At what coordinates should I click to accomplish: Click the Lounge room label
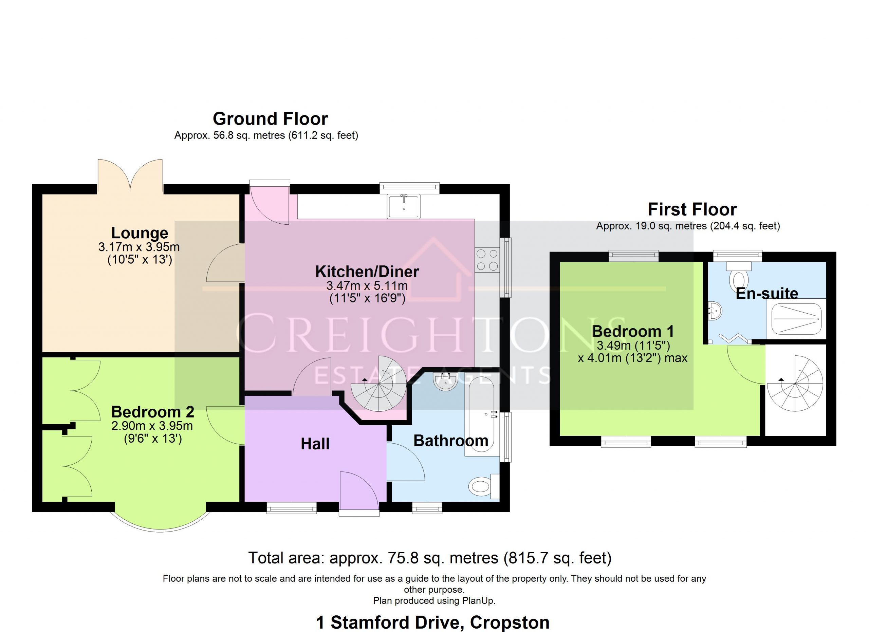[x=140, y=233]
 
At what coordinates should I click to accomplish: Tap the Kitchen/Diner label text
[x=367, y=272]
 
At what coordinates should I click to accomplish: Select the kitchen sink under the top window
[x=404, y=206]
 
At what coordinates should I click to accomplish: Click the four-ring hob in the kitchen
[x=487, y=260]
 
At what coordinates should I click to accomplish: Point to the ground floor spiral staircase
[x=379, y=383]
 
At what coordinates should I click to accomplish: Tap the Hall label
[x=315, y=444]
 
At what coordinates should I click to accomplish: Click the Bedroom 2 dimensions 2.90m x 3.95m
[x=152, y=426]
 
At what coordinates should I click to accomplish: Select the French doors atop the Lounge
[x=130, y=176]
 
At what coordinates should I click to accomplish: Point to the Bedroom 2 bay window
[x=161, y=520]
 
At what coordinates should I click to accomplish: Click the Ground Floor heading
[x=271, y=119]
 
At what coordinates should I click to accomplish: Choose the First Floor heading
[x=692, y=209]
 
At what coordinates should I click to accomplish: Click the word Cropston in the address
[x=510, y=622]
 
